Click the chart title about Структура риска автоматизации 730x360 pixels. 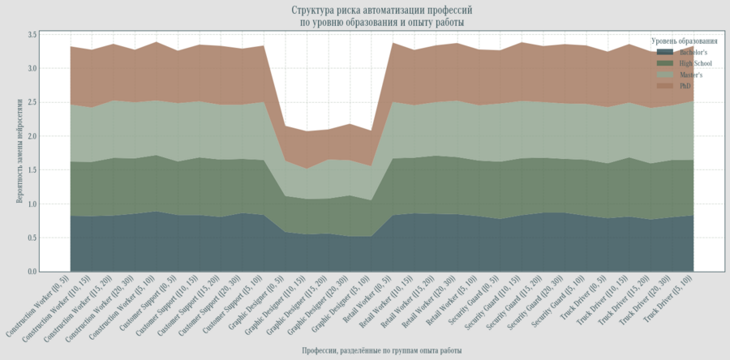[x=381, y=16]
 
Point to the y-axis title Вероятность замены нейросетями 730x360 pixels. [x=19, y=153]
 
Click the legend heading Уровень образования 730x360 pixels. [x=684, y=41]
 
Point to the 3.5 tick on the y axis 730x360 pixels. [x=33, y=35]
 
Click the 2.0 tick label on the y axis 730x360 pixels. [x=33, y=136]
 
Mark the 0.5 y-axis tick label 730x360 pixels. [x=33, y=238]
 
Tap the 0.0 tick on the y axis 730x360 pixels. [x=33, y=272]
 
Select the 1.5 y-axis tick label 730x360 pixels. [x=33, y=170]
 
